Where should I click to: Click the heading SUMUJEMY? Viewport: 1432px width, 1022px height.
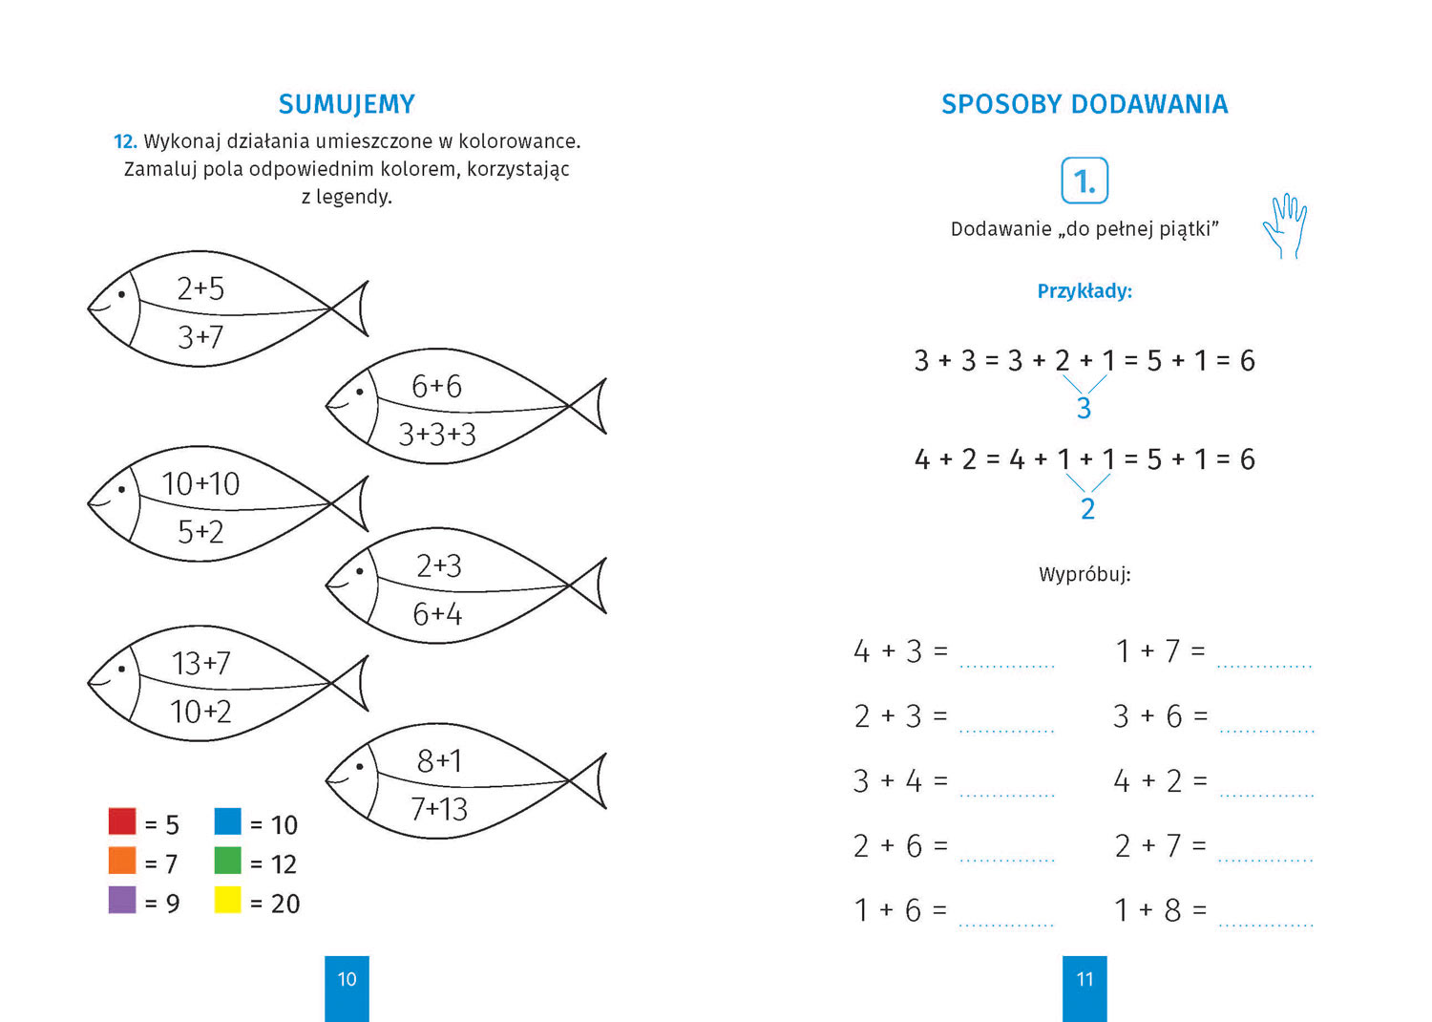(x=347, y=104)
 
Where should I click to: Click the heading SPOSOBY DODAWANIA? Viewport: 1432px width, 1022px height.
(x=1085, y=104)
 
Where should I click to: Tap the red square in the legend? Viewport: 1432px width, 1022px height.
(x=122, y=821)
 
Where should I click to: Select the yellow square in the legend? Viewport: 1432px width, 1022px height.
(x=227, y=900)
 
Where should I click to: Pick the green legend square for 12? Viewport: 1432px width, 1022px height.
(x=227, y=861)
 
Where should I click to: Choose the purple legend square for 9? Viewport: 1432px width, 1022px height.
(x=122, y=900)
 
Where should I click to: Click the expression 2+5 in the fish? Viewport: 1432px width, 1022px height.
(x=200, y=288)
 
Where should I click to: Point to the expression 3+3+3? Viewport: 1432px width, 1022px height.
(x=437, y=435)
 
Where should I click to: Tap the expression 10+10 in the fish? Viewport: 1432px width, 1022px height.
(x=200, y=483)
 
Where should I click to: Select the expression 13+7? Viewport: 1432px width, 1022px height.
(x=200, y=663)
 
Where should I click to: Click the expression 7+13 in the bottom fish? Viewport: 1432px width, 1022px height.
(x=439, y=809)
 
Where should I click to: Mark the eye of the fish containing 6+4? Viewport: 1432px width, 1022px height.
(x=360, y=571)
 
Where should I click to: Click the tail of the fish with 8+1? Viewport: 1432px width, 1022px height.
(x=592, y=780)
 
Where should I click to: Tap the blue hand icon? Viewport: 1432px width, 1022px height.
(x=1285, y=225)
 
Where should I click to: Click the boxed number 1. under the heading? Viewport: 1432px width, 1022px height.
(x=1085, y=181)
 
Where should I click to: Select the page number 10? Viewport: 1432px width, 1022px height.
(x=347, y=979)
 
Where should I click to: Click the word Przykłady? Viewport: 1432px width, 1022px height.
(x=1085, y=291)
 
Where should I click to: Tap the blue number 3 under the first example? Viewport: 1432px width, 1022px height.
(x=1084, y=409)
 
